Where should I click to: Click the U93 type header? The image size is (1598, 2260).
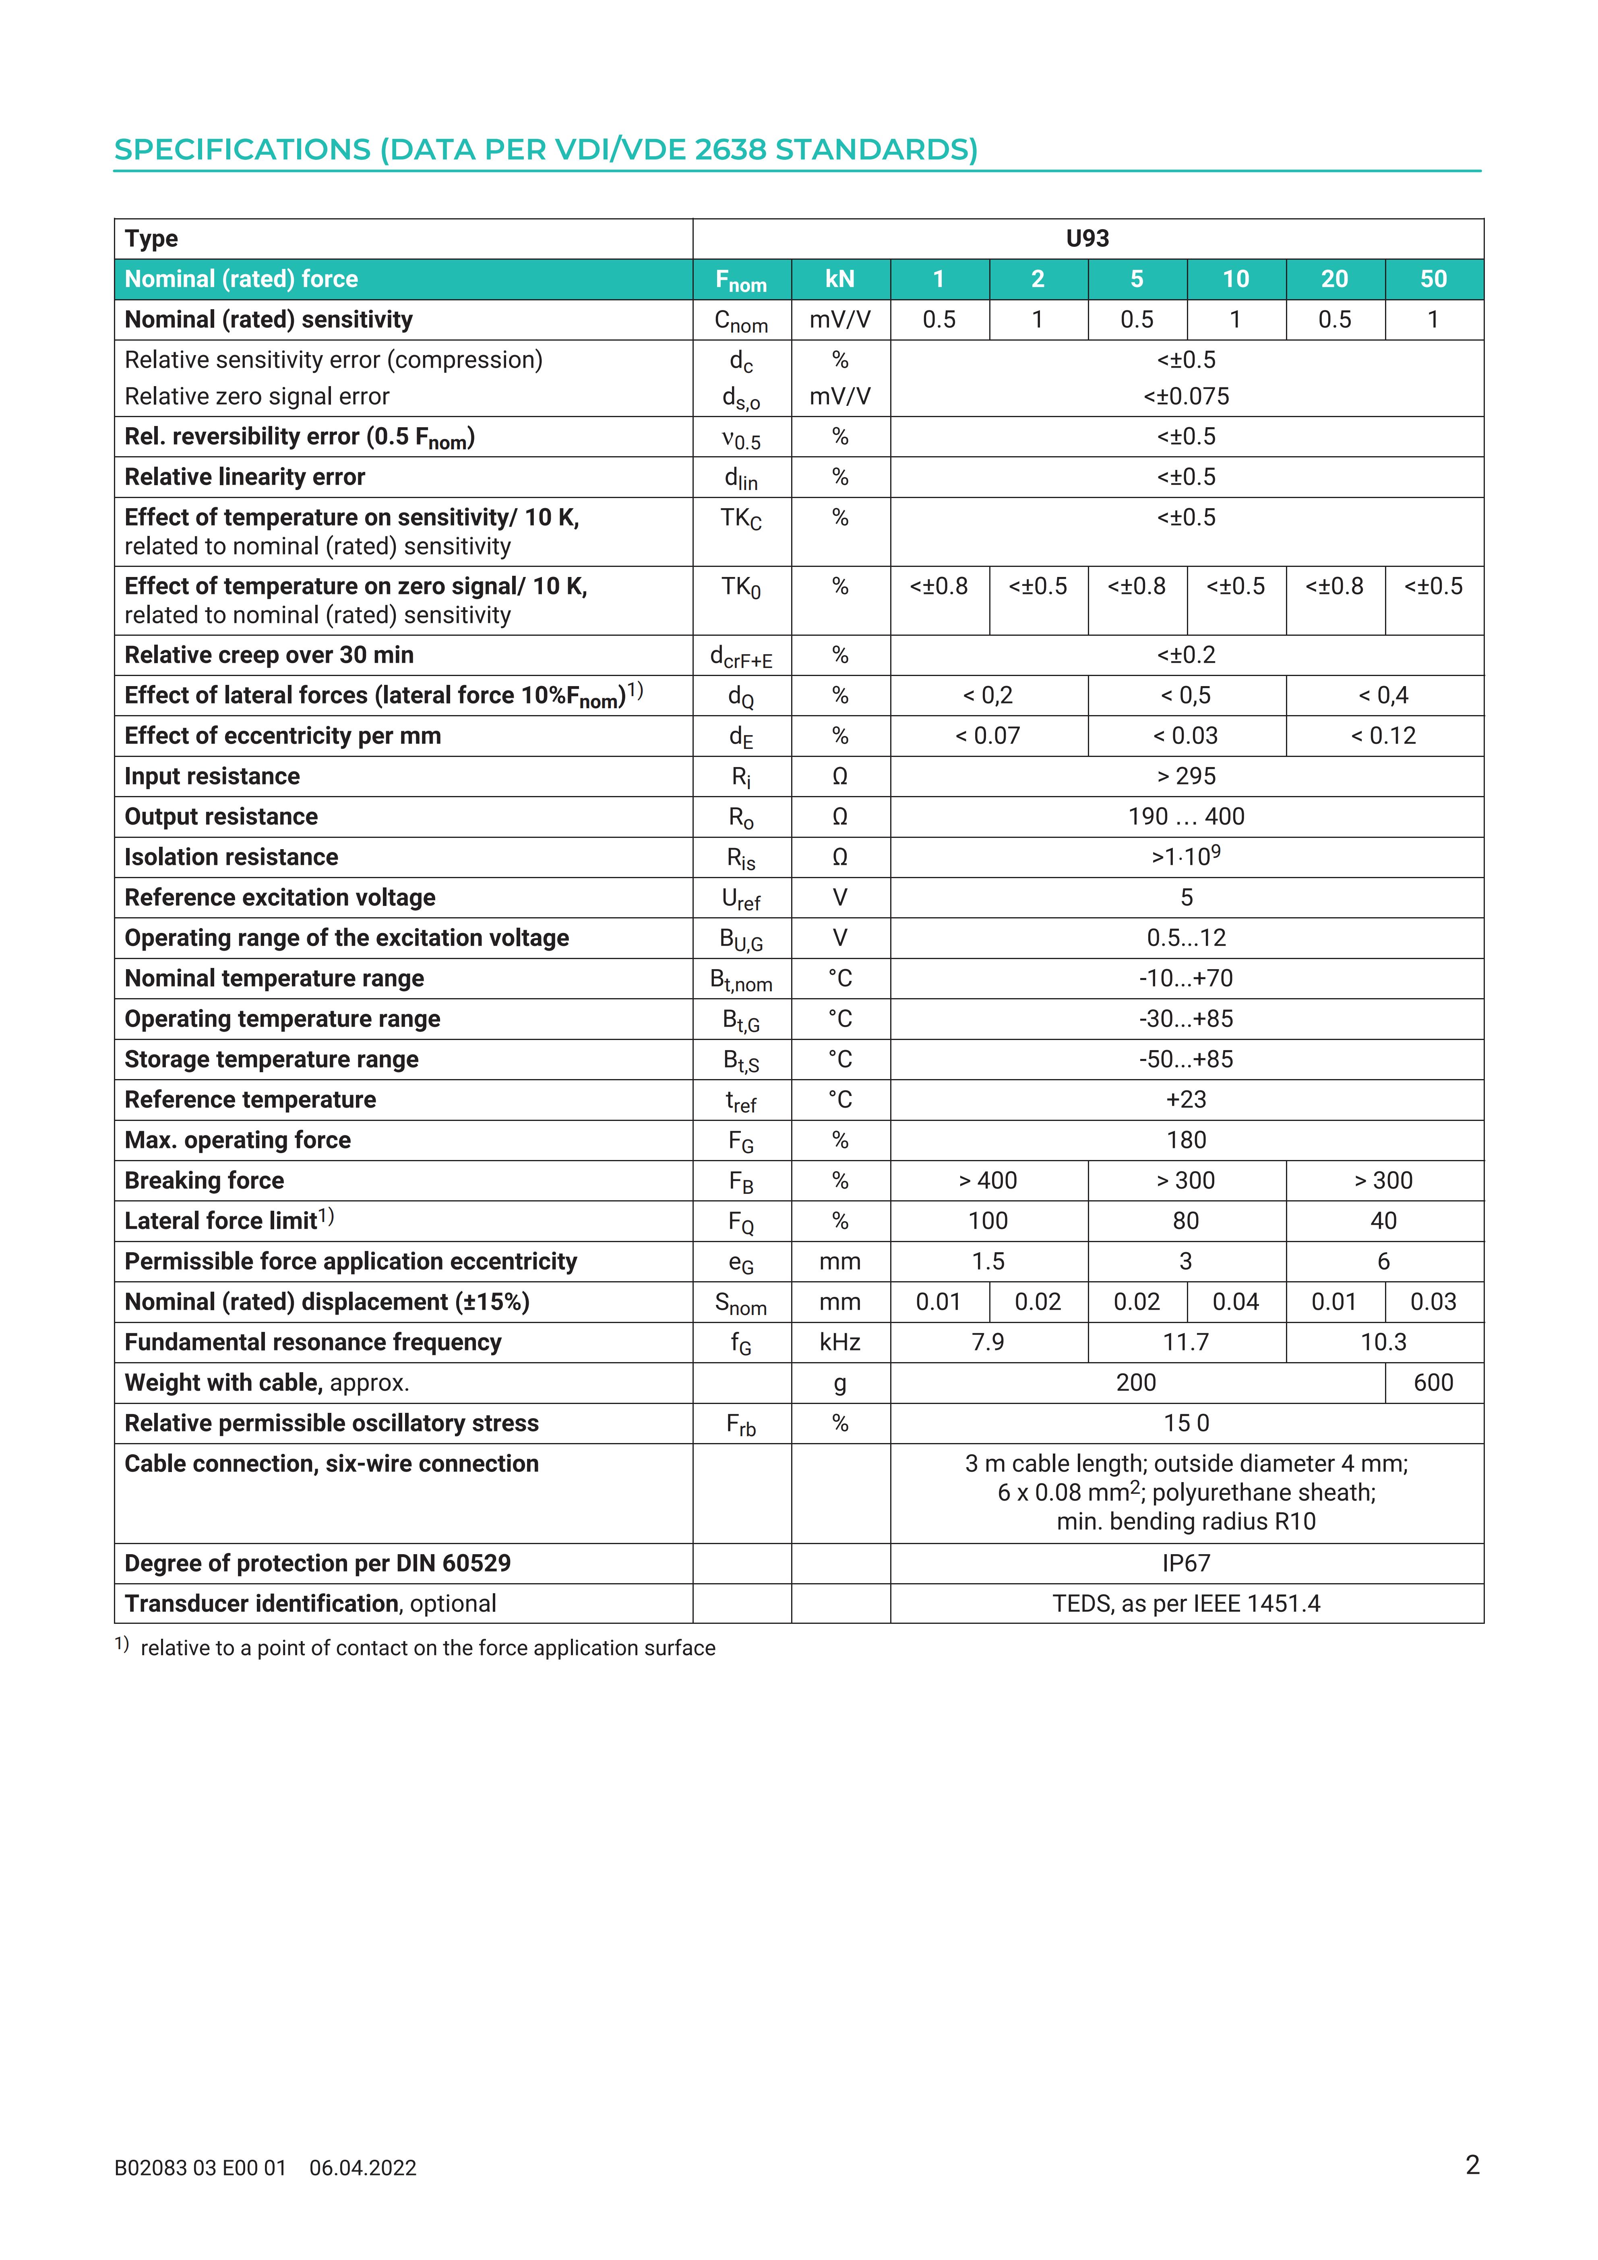(1087, 239)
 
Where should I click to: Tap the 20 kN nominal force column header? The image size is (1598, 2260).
(1334, 279)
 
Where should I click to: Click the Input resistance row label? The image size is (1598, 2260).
(211, 777)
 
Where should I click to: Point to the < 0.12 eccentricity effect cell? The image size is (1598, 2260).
(1383, 736)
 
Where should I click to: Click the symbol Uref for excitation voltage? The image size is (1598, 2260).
(741, 899)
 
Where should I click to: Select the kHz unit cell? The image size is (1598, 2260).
(839, 1343)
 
